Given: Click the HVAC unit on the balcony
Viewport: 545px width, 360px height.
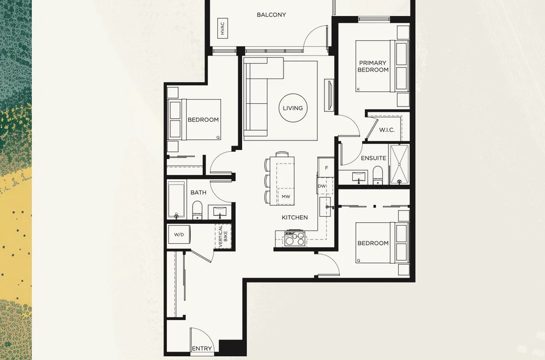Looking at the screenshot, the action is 222,29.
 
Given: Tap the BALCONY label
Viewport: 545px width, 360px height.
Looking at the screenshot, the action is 272,15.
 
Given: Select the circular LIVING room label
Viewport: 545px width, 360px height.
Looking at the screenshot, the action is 293,108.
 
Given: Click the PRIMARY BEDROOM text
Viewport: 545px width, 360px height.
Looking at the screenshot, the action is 373,66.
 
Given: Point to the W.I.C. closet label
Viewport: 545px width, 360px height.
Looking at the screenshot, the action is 387,130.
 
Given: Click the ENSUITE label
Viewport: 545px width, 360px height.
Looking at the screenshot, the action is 373,158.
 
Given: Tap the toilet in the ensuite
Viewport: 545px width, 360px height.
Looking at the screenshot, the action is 378,175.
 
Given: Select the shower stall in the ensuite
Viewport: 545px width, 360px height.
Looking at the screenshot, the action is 399,164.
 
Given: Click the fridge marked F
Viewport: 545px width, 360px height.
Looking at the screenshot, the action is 326,167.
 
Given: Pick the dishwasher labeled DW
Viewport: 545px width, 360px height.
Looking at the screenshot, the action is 322,186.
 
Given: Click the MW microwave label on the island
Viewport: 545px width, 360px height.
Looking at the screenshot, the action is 286,196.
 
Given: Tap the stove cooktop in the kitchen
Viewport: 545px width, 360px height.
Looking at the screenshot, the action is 295,238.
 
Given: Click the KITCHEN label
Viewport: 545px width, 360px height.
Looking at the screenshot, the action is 295,217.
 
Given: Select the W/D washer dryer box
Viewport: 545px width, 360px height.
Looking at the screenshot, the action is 179,235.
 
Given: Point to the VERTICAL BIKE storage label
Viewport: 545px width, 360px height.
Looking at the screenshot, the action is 223,236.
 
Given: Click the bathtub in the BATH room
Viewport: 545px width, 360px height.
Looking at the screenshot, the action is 176,200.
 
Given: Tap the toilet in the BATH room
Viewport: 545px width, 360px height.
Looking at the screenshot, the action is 197,210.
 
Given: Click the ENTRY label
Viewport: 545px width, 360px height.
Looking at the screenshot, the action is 202,349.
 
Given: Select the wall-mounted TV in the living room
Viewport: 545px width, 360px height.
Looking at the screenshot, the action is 329,94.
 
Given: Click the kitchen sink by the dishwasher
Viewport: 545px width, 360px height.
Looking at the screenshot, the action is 325,207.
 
